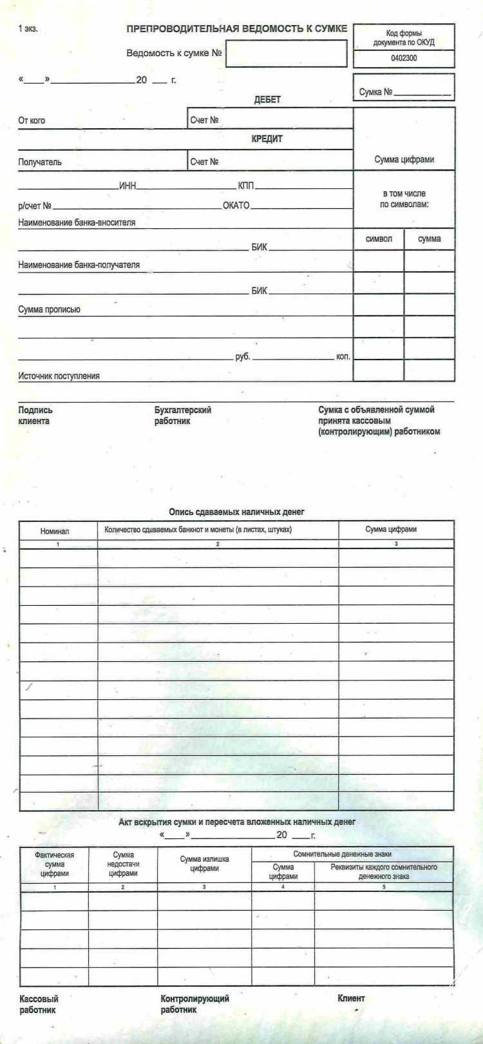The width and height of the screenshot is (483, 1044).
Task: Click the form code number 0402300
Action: [404, 58]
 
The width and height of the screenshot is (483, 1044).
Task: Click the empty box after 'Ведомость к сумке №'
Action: [286, 53]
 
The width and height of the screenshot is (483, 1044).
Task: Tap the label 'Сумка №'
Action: [376, 92]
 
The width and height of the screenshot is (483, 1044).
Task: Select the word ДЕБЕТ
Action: [267, 100]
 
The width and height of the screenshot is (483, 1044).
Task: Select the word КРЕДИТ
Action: [267, 139]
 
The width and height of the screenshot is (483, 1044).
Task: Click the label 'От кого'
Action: [32, 121]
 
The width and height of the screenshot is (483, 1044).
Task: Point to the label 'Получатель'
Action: [40, 162]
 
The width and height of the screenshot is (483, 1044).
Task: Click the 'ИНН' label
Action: [128, 186]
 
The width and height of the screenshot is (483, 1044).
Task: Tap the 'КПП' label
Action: [246, 186]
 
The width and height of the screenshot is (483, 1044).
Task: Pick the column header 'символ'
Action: [379, 239]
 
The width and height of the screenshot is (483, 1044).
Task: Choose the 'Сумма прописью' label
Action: [49, 309]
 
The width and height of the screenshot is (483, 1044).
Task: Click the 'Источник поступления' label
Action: [59, 376]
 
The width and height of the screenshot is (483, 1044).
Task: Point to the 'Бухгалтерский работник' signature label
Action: [183, 415]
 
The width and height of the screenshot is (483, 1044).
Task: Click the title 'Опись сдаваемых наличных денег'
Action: [236, 512]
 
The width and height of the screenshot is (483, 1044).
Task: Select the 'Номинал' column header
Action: [55, 531]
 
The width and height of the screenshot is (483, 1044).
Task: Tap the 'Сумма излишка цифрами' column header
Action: [204, 863]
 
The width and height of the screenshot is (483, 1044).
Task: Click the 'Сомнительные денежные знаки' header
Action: [351, 853]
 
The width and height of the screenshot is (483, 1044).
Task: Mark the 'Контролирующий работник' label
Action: [194, 1004]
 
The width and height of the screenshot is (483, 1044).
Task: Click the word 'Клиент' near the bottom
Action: [351, 998]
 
